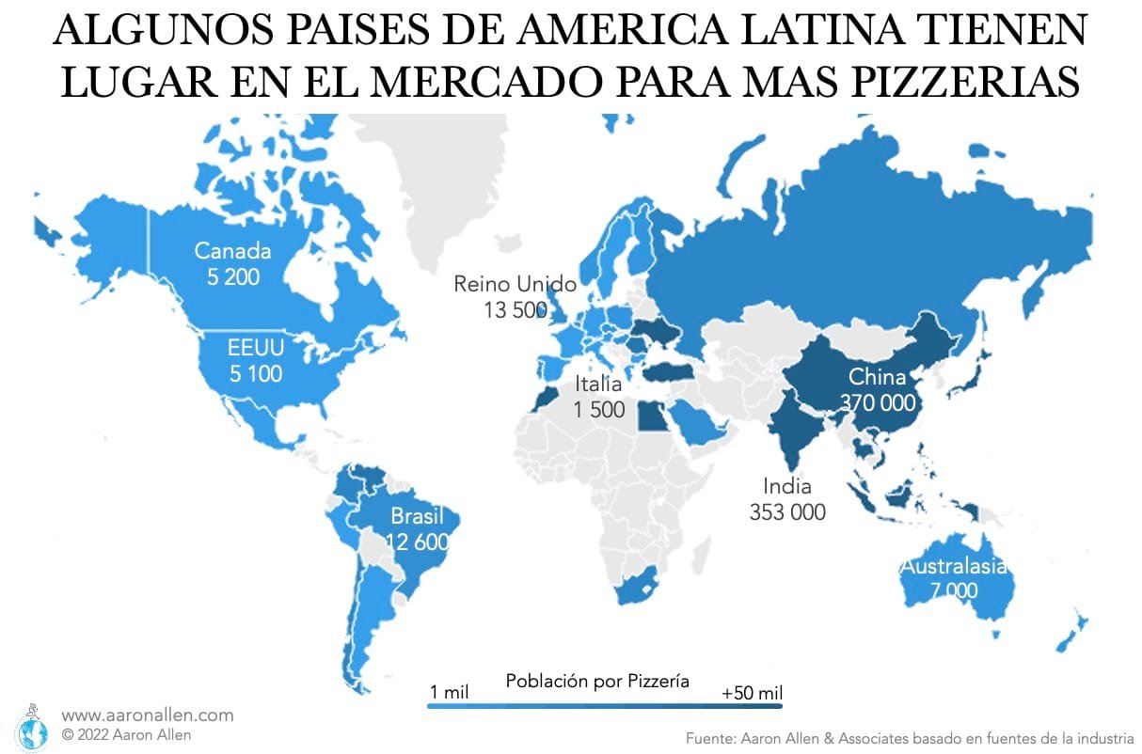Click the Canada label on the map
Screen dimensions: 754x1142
[x=232, y=251]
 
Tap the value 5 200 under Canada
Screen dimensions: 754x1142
[x=232, y=276]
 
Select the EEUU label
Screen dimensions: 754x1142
[x=255, y=348]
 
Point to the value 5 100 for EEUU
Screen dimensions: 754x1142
[x=255, y=373]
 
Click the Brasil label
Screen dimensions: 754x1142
[x=417, y=516]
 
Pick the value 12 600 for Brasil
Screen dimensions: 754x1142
[x=418, y=542]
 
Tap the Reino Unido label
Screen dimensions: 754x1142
[x=515, y=284]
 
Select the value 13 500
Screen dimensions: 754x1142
[x=509, y=309]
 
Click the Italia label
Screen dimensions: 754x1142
[x=599, y=384]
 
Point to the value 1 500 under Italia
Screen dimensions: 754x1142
[x=599, y=410]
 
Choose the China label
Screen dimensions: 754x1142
[x=877, y=377]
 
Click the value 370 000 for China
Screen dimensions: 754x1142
[x=877, y=402]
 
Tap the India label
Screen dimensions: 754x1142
[x=787, y=486]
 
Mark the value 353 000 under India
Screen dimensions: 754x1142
[x=787, y=512]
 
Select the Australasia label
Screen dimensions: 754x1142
[x=953, y=566]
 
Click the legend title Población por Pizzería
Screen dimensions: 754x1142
[x=597, y=681]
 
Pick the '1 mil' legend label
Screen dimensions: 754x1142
[x=449, y=694]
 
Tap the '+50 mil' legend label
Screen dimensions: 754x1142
[x=752, y=694]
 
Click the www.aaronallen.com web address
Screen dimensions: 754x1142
[x=148, y=715]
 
